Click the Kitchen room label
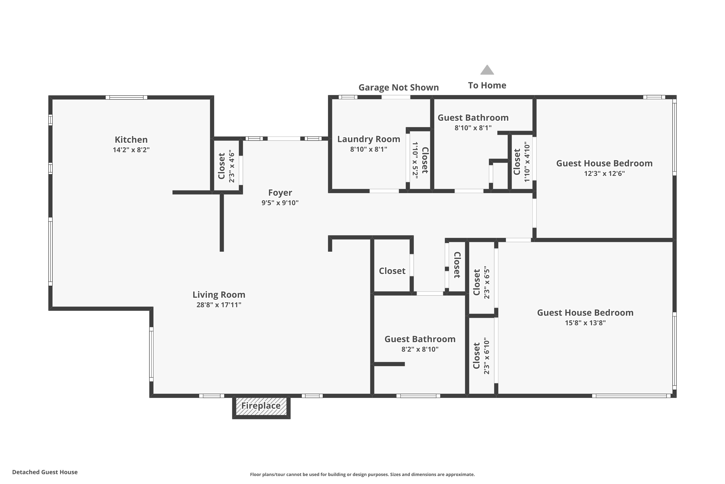pyautogui.click(x=131, y=140)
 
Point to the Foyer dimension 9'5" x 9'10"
pyautogui.click(x=280, y=203)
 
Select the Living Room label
pyautogui.click(x=219, y=295)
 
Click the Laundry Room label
pyautogui.click(x=369, y=139)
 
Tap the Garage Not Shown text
pyautogui.click(x=399, y=88)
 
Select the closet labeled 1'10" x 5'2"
pyautogui.click(x=420, y=160)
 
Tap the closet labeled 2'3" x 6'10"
pyautogui.click(x=481, y=355)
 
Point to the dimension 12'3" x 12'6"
pyautogui.click(x=604, y=174)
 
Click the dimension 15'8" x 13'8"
pyautogui.click(x=585, y=323)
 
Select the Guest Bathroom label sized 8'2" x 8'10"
pyautogui.click(x=420, y=339)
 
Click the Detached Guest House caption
pyautogui.click(x=45, y=472)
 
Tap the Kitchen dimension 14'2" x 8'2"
pyautogui.click(x=131, y=150)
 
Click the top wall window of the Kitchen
pyautogui.click(x=126, y=98)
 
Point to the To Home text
pyautogui.click(x=487, y=85)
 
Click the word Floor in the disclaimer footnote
pyautogui.click(x=255, y=474)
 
